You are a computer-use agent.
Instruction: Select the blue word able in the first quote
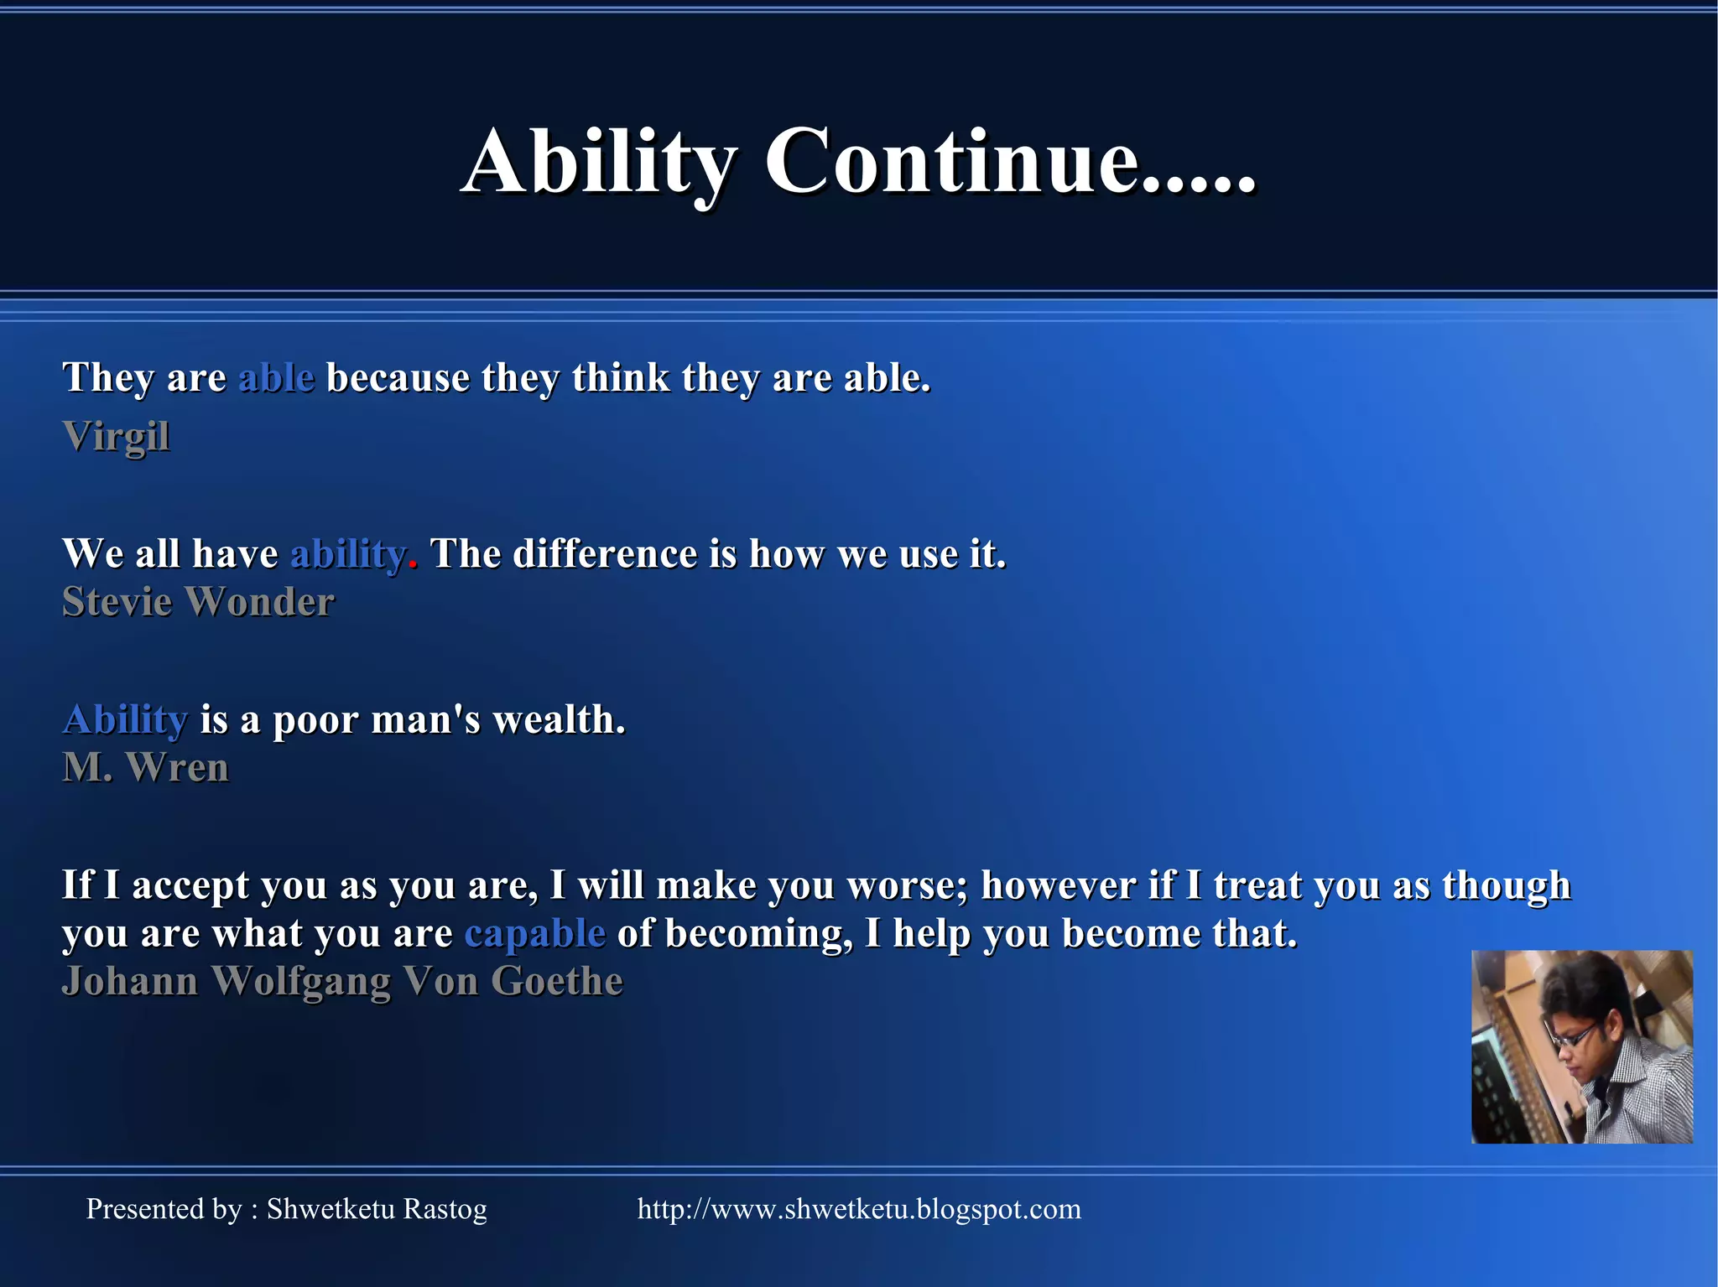277,378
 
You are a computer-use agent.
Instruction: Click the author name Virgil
116,437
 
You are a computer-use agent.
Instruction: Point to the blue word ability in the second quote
347,554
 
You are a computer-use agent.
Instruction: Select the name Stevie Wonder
198,602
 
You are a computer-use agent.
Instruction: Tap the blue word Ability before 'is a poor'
125,720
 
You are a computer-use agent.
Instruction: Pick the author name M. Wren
145,767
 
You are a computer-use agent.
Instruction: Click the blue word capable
534,933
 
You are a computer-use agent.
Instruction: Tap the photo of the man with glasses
1581,1046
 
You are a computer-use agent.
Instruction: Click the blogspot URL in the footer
859,1209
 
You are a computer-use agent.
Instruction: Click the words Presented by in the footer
164,1209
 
